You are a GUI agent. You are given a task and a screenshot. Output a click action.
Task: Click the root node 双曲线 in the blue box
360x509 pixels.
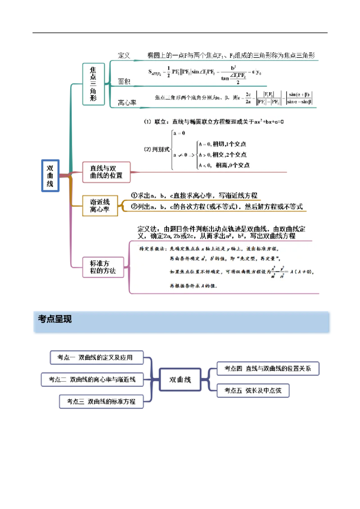click(x=50, y=176)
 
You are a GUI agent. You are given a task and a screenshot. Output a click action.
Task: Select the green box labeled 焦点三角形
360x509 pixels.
click(x=93, y=85)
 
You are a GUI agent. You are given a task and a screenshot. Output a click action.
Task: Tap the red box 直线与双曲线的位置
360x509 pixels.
click(x=107, y=171)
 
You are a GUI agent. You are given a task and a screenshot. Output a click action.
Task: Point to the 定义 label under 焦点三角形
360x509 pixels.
click(x=124, y=55)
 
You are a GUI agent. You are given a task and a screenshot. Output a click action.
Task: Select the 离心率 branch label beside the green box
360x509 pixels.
click(x=127, y=103)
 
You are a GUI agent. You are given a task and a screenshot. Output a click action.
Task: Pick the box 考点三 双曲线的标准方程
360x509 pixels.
click(x=101, y=401)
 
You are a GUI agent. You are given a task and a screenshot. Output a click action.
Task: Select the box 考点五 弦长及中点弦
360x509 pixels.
click(x=252, y=390)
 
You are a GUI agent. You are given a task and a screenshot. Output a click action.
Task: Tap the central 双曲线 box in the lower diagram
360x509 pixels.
click(x=180, y=380)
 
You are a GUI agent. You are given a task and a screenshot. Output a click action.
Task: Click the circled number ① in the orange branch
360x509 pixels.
click(x=134, y=196)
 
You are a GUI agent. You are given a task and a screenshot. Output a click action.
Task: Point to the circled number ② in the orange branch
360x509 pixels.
click(x=134, y=207)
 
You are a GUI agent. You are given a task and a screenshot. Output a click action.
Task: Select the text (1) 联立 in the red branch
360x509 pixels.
click(x=154, y=122)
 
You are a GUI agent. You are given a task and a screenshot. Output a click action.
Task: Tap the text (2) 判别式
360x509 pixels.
click(x=157, y=150)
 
